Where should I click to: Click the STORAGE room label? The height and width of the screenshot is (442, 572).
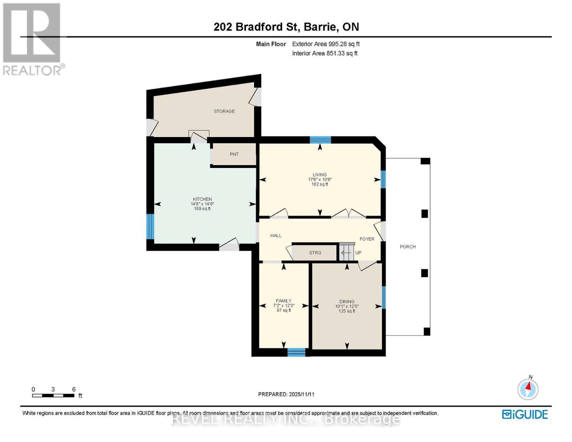point(224,111)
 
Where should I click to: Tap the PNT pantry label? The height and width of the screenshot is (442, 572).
point(234,154)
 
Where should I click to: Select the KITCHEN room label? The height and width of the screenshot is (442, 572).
point(202,199)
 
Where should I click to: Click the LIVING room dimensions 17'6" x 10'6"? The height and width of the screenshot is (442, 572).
point(320,180)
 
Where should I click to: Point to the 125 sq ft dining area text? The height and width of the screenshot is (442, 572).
point(347,311)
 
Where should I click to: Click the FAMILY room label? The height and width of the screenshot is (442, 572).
point(284,301)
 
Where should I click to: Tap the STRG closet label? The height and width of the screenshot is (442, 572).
point(315,253)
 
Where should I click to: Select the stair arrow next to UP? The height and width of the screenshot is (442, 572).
point(346,253)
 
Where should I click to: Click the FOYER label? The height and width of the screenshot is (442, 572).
point(367,239)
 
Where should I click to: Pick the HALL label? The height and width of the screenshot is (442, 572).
point(276,236)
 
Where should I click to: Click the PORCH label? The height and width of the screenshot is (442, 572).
point(408,247)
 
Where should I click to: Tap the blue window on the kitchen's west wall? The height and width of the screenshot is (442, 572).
point(150,227)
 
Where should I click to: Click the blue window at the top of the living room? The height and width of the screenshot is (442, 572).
point(320,140)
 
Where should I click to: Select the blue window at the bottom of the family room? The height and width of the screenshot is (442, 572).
point(296,352)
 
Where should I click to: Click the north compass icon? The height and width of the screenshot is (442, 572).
point(528,389)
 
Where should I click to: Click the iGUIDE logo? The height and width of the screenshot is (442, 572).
point(525,414)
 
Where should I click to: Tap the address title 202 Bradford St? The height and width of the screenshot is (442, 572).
point(286,27)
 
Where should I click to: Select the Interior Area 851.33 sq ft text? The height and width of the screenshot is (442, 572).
point(324,53)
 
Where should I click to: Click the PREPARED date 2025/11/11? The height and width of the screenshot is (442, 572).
point(286,394)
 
